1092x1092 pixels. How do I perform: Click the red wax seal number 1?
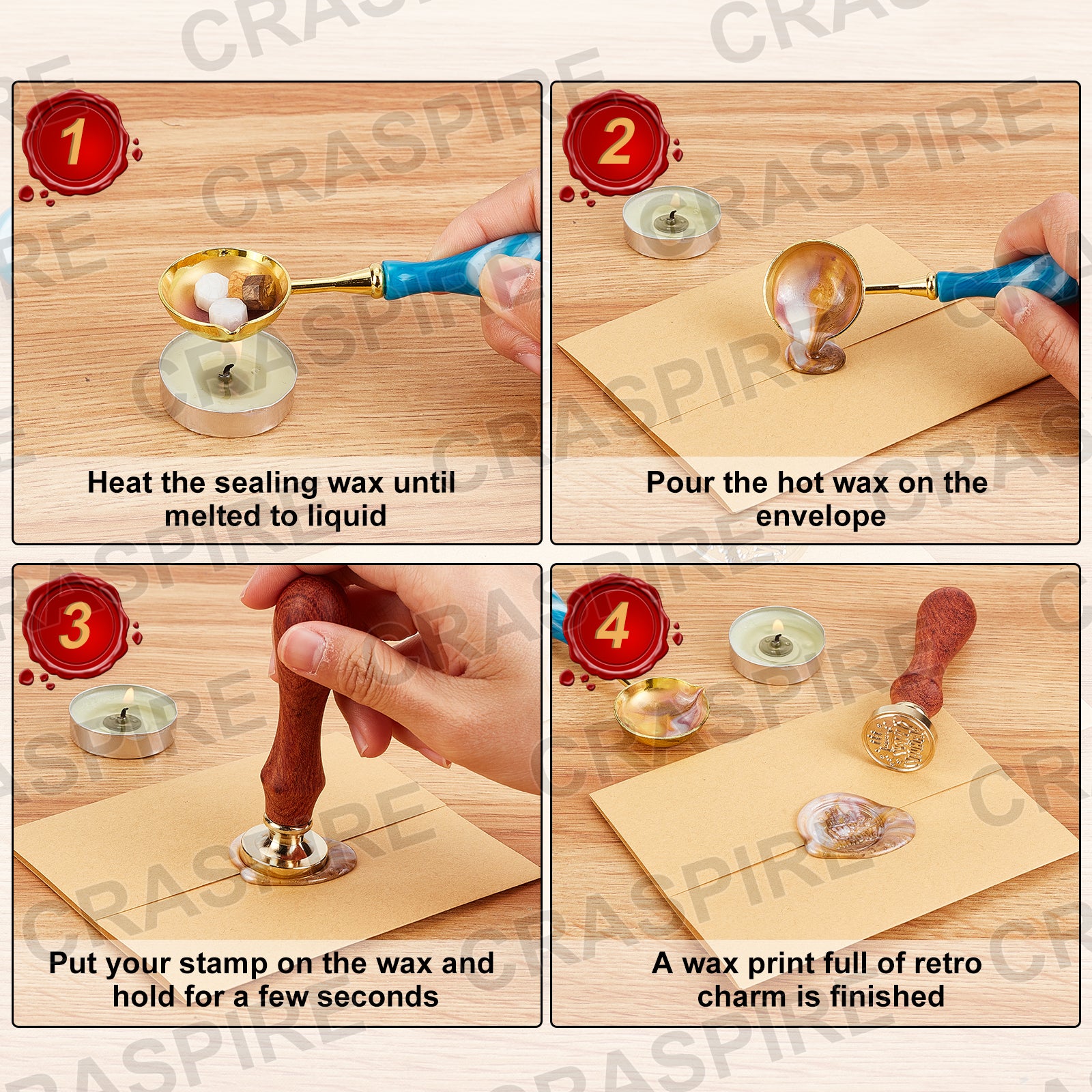(x=75, y=143)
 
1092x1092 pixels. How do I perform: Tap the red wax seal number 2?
(x=616, y=143)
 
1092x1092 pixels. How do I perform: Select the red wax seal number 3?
(x=75, y=626)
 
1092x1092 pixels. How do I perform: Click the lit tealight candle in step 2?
(x=672, y=221)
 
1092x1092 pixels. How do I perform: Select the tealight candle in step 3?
(x=123, y=719)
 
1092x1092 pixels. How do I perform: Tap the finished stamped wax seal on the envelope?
(x=855, y=824)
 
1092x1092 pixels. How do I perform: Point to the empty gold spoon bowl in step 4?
(x=661, y=710)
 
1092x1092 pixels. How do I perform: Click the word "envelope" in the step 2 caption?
(x=820, y=517)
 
